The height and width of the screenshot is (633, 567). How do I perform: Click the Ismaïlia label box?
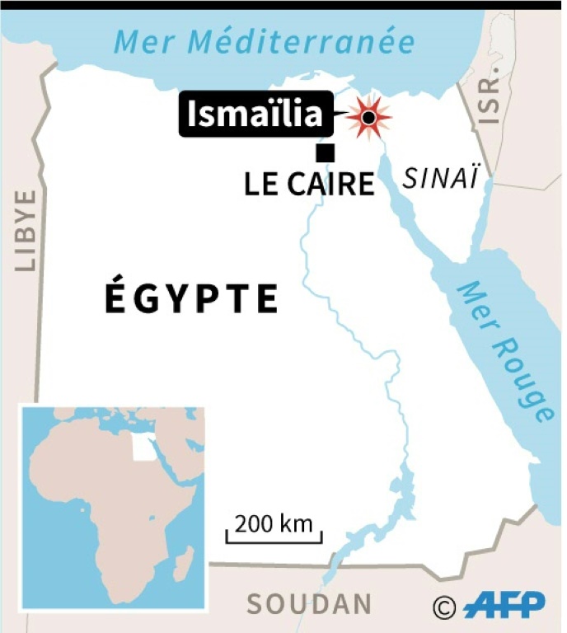click(x=255, y=115)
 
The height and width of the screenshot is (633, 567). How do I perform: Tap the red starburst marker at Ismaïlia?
click(x=368, y=118)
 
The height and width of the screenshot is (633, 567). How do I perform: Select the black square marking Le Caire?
click(x=326, y=152)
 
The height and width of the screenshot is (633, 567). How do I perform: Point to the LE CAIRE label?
click(x=309, y=184)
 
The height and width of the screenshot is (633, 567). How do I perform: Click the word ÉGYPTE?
click(x=192, y=298)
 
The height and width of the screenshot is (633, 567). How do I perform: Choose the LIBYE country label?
click(x=26, y=231)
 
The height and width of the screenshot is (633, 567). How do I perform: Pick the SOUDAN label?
click(x=309, y=604)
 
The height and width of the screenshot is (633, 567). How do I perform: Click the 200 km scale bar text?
click(x=274, y=523)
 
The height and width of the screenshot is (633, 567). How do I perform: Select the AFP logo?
click(x=504, y=606)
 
